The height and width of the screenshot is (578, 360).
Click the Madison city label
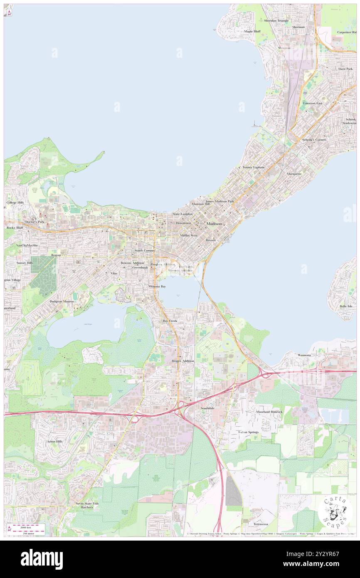click(214, 224)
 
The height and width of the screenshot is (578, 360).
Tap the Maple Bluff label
click(252, 31)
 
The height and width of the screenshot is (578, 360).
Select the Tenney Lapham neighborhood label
click(253, 167)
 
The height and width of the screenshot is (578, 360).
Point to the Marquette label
click(294, 173)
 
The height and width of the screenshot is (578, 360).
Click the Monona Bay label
click(157, 287)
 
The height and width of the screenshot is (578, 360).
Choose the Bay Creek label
click(170, 321)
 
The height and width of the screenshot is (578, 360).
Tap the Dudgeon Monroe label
click(62, 301)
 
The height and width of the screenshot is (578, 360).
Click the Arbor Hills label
click(55, 441)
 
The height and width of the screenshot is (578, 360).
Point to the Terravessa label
click(261, 524)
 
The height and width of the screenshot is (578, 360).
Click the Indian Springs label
click(248, 432)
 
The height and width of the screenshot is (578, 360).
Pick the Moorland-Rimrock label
click(269, 412)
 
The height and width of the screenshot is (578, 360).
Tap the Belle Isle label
click(346, 306)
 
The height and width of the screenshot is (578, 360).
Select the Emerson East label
click(313, 103)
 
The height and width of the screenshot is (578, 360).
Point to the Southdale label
click(207, 408)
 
